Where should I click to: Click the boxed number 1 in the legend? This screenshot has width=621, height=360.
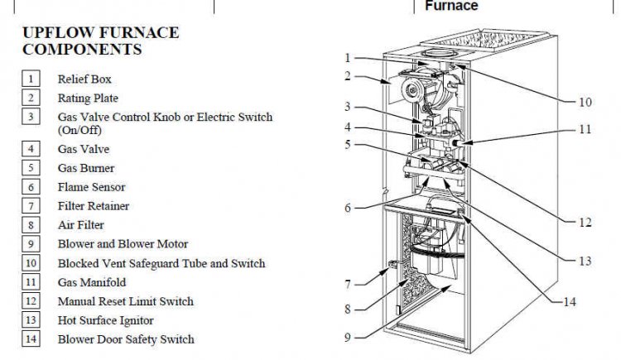click(x=30, y=79)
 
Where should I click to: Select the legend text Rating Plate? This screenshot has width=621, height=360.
click(x=85, y=98)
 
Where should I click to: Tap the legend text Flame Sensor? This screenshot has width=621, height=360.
click(x=91, y=187)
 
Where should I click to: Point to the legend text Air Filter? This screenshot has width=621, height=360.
click(x=80, y=224)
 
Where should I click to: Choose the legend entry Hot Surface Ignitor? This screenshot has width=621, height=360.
click(x=105, y=320)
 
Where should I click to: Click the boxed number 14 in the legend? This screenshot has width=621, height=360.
click(x=30, y=338)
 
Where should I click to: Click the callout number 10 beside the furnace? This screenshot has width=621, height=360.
click(x=585, y=103)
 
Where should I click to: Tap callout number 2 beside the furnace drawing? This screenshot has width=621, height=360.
click(x=349, y=76)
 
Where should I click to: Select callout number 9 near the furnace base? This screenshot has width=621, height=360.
click(x=349, y=337)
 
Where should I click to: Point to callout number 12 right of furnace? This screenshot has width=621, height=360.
click(x=585, y=223)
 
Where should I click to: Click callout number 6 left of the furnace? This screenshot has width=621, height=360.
click(x=349, y=208)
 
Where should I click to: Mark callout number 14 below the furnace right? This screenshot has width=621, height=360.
click(x=569, y=302)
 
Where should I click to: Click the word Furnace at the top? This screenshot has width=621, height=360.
click(x=451, y=6)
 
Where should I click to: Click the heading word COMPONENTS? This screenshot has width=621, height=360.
click(x=82, y=50)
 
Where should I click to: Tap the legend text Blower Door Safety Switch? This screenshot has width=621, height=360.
click(x=126, y=338)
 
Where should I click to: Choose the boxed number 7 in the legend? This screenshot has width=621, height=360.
click(x=30, y=205)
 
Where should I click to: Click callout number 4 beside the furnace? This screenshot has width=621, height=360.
click(x=349, y=127)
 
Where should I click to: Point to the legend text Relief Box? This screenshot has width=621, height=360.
click(x=84, y=79)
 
